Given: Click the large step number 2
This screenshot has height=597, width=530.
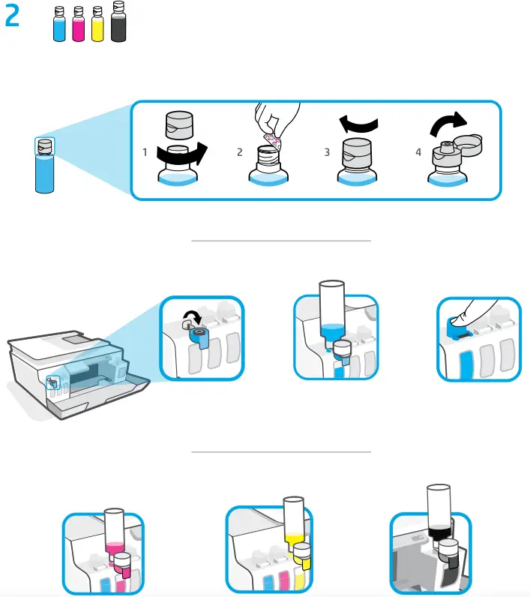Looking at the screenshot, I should tap(13, 17).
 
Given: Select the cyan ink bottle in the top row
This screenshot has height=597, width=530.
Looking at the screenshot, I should tap(61, 24).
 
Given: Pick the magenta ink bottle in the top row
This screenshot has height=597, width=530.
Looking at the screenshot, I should tap(79, 24).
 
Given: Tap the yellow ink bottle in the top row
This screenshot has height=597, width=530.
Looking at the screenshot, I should tap(97, 24).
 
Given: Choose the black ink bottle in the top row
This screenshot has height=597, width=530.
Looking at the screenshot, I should tap(118, 22).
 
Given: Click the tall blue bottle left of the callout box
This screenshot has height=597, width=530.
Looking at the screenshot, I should tap(45, 169).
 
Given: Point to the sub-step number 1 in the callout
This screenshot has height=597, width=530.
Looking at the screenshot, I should tap(145, 152).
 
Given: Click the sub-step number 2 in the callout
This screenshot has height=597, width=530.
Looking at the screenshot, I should tap(240, 152).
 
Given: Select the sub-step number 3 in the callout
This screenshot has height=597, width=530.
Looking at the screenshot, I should tap(327, 152).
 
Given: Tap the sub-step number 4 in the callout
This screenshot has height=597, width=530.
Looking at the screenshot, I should tap(418, 152).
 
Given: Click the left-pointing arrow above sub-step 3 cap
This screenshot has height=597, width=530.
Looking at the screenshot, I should tap(358, 121).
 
